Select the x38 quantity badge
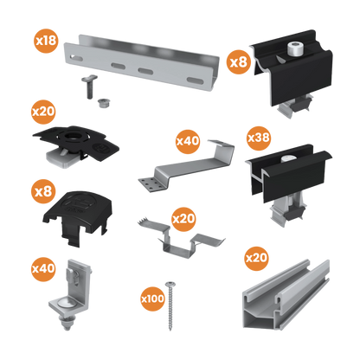[259, 137]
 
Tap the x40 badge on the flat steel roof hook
[187, 138]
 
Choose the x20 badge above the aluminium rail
[256, 257]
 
